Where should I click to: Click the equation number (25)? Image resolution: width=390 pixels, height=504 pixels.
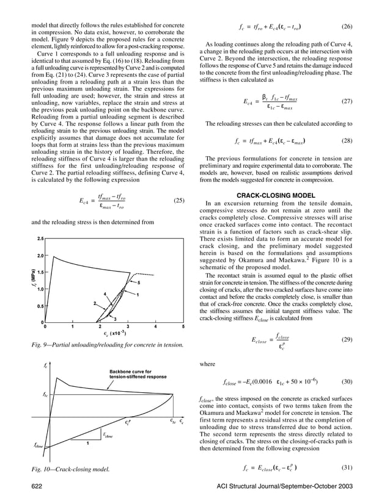[x=178, y=200]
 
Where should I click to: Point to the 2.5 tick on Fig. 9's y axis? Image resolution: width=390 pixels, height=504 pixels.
[x=40, y=238]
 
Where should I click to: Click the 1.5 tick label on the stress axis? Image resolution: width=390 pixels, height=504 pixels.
[x=40, y=272]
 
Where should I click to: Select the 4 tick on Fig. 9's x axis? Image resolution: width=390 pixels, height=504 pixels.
[x=156, y=326]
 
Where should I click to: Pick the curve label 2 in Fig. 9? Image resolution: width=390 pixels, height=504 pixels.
[x=94, y=303]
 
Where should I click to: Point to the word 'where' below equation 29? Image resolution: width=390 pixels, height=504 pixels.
[x=208, y=365]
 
